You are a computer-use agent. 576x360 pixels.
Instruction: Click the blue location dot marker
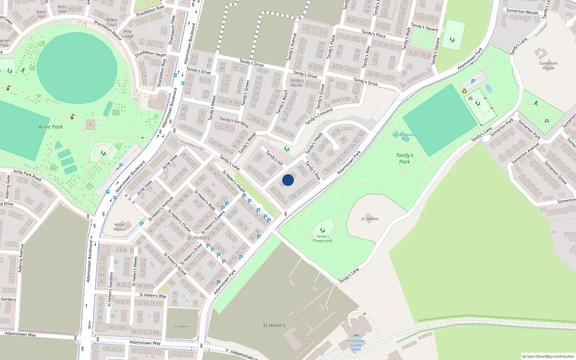click(x=288, y=180)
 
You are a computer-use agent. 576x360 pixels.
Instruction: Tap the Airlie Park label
click(x=50, y=127)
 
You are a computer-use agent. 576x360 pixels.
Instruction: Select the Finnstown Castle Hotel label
click(x=356, y=345)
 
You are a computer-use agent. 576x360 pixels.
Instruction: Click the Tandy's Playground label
click(x=323, y=238)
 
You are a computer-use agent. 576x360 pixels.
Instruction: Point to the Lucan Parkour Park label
click(x=405, y=137)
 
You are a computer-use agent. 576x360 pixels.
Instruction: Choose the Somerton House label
click(x=548, y=66)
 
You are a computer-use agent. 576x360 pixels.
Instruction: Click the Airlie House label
click(x=120, y=227)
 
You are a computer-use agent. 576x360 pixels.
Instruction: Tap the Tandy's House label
click(x=297, y=83)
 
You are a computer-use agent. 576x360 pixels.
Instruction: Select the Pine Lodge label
click(x=128, y=34)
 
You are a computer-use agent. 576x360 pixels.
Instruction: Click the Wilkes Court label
click(x=112, y=22)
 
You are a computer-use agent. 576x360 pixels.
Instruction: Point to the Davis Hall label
click(x=41, y=14)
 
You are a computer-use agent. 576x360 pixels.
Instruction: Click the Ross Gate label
click(x=62, y=9)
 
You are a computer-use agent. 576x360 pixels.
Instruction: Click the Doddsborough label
click(x=192, y=145)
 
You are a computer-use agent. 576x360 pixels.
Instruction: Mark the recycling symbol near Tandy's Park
click(x=464, y=91)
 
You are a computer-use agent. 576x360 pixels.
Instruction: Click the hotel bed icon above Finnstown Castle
click(x=356, y=336)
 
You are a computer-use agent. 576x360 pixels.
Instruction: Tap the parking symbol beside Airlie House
click(x=142, y=224)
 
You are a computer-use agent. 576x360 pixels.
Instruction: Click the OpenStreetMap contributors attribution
click(x=548, y=356)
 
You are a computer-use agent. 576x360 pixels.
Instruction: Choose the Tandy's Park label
click(x=405, y=158)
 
